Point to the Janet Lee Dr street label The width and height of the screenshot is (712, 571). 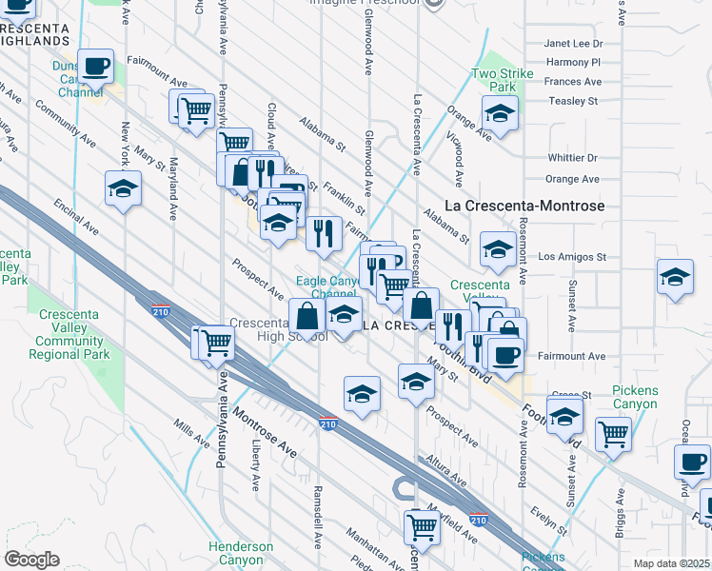pyautogui.click(x=573, y=44)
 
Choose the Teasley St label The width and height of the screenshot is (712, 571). pyautogui.click(x=572, y=100)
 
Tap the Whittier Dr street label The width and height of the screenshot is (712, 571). pyautogui.click(x=572, y=158)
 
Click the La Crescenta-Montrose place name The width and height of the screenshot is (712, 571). pyautogui.click(x=525, y=206)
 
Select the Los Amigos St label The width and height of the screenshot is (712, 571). pyautogui.click(x=572, y=257)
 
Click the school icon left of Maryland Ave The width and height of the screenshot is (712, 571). pyautogui.click(x=123, y=188)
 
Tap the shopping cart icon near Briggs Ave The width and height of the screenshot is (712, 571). pyautogui.click(x=613, y=433)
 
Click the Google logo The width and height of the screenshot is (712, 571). pyautogui.click(x=31, y=560)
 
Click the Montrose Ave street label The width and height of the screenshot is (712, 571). pyautogui.click(x=268, y=423)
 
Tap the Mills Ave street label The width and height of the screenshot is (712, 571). pyautogui.click(x=191, y=433)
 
